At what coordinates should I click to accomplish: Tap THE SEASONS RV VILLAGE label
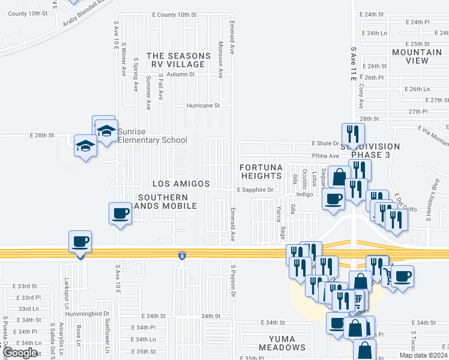point(179,60)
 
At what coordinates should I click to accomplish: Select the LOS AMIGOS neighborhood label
point(181,184)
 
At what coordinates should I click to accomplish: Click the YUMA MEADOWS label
point(282,343)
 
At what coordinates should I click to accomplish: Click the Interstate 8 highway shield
point(181,256)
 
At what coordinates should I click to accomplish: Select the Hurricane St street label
point(203,105)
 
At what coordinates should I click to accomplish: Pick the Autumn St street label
point(181,74)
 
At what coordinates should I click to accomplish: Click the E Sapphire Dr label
point(255,190)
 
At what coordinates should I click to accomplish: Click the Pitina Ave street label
point(325,156)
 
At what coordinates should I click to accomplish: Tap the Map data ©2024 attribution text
point(423,355)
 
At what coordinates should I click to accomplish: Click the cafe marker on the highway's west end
point(80,242)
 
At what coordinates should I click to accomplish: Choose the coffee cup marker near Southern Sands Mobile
point(120,213)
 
